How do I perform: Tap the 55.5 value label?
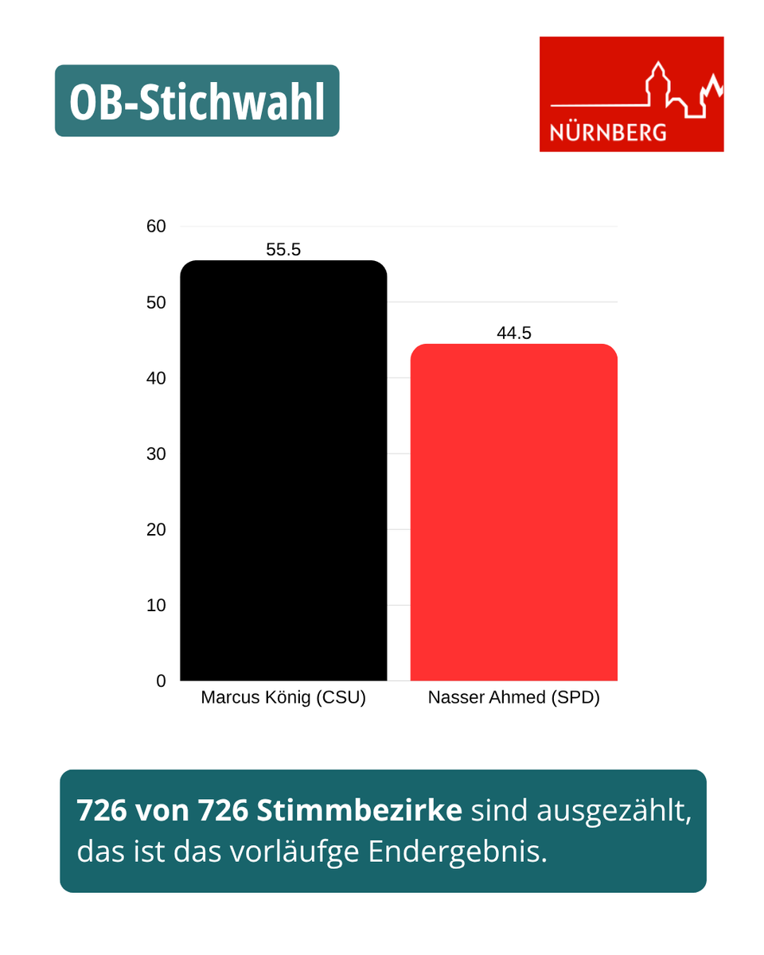coord(283,250)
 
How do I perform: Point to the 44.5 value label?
coord(513,333)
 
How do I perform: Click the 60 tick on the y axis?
coord(156,227)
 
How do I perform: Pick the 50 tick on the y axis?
coord(156,302)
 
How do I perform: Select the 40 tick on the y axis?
coord(156,378)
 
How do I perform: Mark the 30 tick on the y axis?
coord(156,454)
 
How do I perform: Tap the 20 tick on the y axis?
coord(156,529)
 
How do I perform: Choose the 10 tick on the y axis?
coord(156,605)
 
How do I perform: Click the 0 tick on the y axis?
coord(161,681)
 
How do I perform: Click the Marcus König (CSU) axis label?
coord(283,698)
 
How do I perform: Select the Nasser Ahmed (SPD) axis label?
coord(513,698)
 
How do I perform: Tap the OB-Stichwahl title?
coord(197,101)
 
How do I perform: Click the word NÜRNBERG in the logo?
coord(608,132)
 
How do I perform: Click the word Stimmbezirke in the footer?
coord(360,810)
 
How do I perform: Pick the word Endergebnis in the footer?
coord(458,852)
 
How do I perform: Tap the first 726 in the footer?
coord(102,810)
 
